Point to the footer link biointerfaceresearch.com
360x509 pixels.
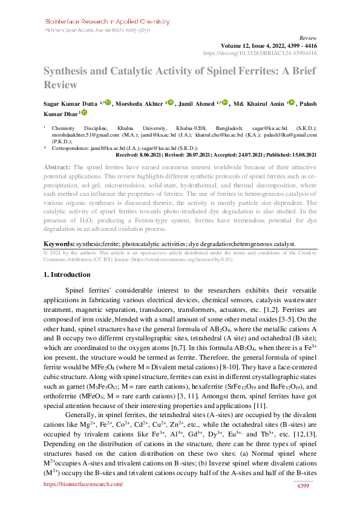coord(84,484)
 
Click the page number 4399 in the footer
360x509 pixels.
coord(301,487)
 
